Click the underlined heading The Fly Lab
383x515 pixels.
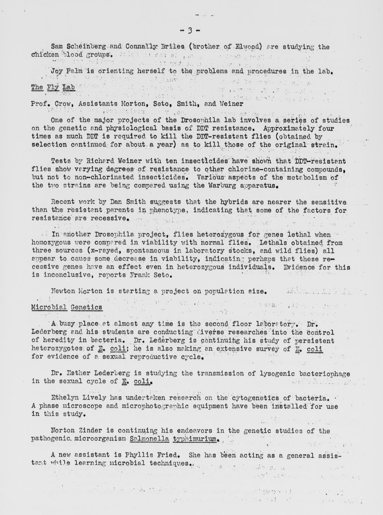coord(53,87)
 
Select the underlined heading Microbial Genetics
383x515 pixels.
coord(66,307)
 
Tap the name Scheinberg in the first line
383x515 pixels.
coord(87,47)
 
